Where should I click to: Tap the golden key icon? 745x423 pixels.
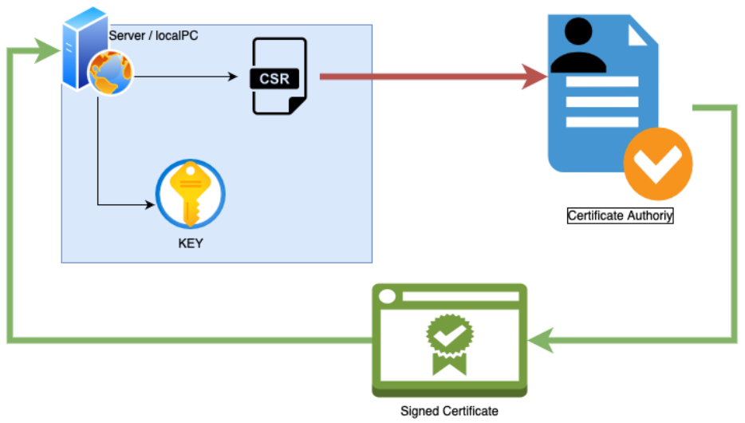click(191, 193)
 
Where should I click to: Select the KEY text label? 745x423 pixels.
click(190, 243)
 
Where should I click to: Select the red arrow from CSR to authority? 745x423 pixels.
click(431, 77)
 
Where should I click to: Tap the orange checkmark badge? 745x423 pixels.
click(657, 164)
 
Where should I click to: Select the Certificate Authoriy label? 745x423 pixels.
click(620, 215)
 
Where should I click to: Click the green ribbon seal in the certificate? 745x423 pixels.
click(449, 342)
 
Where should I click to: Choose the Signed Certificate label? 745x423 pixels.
click(449, 410)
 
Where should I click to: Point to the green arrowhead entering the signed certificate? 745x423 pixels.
click(542, 340)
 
